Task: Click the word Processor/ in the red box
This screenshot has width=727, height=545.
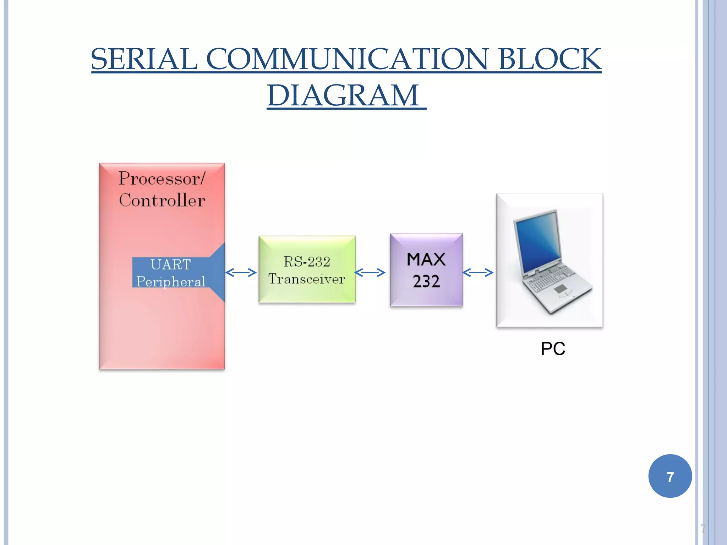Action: pos(162,178)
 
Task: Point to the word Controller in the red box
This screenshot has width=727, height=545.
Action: pos(162,200)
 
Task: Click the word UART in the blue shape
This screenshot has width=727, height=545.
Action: pos(170,264)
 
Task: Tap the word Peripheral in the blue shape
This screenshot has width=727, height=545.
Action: pos(171,281)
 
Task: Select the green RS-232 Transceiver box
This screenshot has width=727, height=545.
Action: pos(307,248)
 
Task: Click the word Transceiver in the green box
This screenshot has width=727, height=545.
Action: pos(307,279)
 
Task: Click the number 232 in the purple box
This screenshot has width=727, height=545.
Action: pos(426,281)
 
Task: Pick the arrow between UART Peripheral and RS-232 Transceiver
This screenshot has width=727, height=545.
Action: pos(241,272)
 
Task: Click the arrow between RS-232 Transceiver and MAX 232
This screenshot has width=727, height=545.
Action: pos(370,272)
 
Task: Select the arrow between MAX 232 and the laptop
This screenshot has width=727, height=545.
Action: pos(478,272)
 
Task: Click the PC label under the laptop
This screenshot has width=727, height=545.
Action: pos(553,348)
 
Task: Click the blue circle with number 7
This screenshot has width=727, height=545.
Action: pos(670,476)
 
